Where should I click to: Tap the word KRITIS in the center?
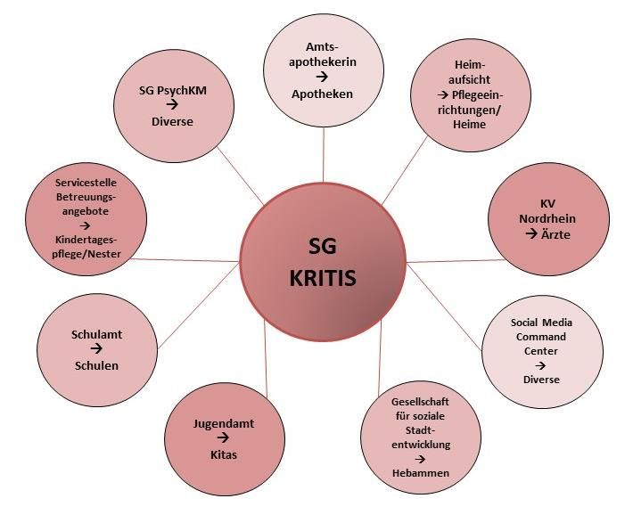tap(323, 278)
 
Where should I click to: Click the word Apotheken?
tap(326, 94)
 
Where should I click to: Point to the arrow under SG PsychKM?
tap(172, 105)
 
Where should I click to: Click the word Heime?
tap(469, 125)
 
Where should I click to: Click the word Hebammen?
tap(420, 472)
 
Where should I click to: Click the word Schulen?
tap(95, 365)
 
